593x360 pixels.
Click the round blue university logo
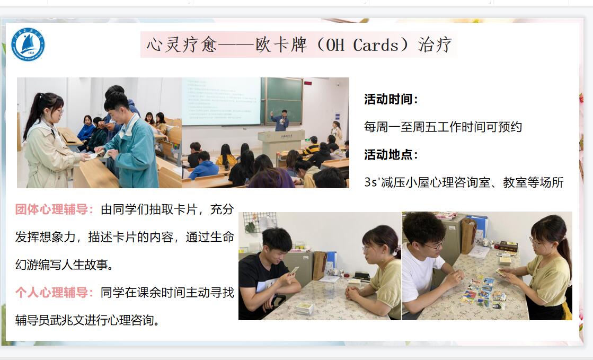click(28, 45)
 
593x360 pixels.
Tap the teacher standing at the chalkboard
click(281, 120)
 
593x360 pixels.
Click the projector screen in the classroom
click(222, 101)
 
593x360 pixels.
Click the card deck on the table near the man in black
click(304, 308)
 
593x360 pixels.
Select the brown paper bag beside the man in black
click(319, 265)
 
